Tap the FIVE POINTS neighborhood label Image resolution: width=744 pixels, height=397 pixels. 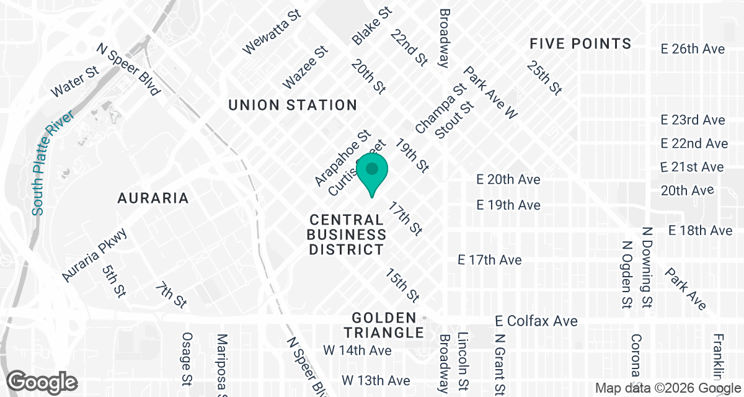pos(580,43)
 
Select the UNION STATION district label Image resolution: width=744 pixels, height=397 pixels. pos(293,105)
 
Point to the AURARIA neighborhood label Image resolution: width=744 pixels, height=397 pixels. pos(153,198)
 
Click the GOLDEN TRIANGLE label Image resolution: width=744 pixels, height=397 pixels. pos(388,325)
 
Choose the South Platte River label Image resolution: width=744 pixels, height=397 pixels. pos(53,163)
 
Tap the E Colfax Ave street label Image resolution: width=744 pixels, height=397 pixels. pos(537,321)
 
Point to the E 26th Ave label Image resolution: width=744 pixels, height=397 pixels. pos(693,49)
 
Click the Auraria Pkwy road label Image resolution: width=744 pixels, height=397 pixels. pos(95,256)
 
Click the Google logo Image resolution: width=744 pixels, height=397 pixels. pos(43,381)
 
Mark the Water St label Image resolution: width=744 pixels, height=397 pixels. pos(76,81)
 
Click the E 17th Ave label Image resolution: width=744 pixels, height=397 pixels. pos(489,260)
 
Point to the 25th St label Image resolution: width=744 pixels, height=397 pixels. pos(544,78)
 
